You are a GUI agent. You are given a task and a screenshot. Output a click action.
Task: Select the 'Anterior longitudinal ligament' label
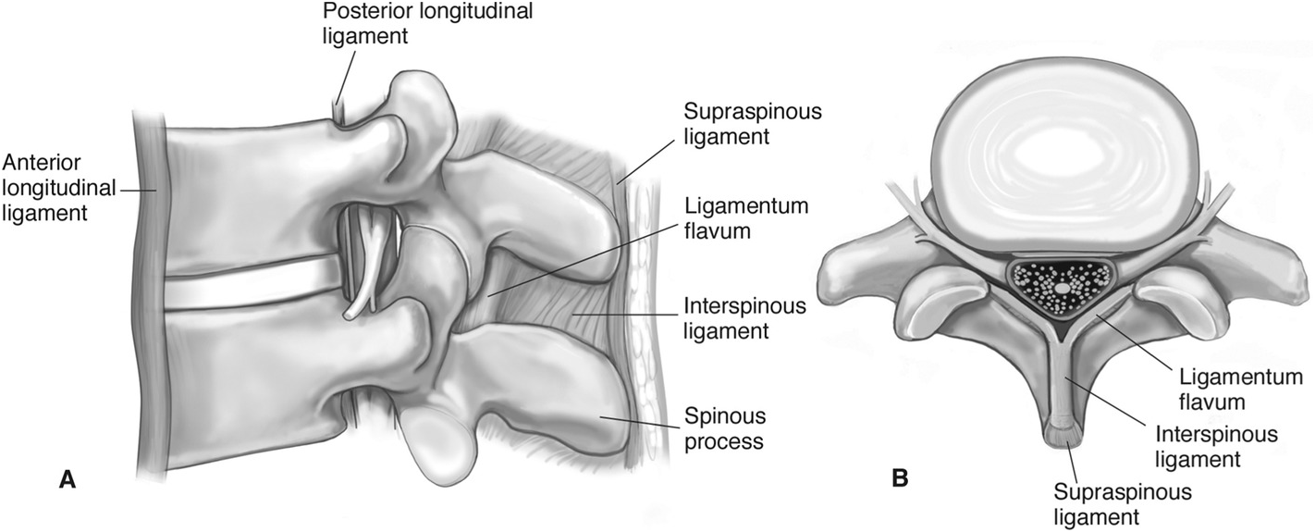pos(57,188)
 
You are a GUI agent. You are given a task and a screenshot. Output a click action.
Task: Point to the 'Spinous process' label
pos(723,427)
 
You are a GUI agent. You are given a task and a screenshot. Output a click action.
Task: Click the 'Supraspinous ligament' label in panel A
pos(752,125)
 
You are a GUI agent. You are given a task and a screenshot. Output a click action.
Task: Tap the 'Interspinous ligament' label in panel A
pos(744,317)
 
